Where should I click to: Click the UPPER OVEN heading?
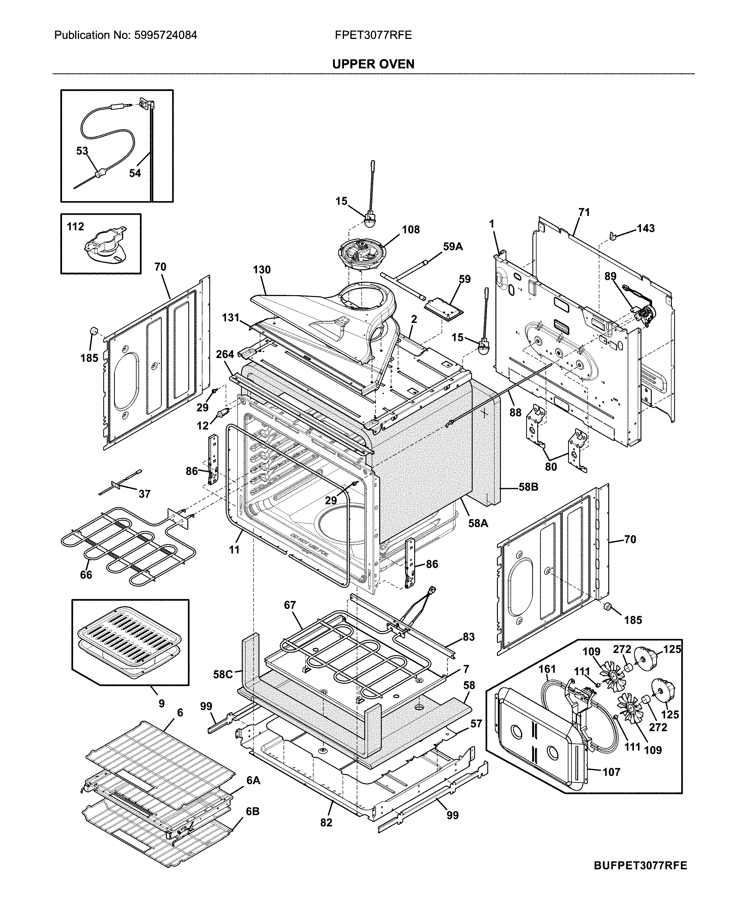coord(373,64)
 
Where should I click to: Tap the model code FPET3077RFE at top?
coord(373,35)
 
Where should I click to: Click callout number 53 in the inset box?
coord(82,151)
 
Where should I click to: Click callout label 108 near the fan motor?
coord(410,229)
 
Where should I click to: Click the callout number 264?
coord(225,354)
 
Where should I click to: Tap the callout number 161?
coord(547,669)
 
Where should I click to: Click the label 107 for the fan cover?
coord(611,772)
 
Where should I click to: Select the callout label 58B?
coord(528,487)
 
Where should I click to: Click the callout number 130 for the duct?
coord(262,270)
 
